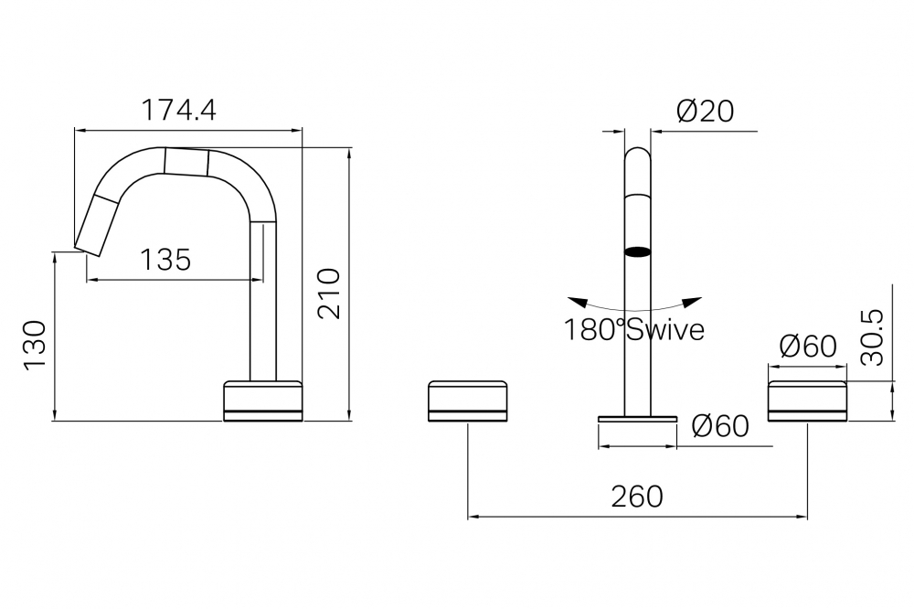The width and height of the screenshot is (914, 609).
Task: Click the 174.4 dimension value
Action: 179,110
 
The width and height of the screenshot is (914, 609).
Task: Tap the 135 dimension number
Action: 165,260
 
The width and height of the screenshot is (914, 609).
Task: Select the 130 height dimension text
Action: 35,344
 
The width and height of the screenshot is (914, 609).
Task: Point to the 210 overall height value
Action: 329,293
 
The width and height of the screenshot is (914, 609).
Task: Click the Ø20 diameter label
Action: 706,111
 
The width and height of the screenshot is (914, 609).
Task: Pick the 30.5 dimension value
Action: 872,337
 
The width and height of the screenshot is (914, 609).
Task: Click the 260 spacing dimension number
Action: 637,497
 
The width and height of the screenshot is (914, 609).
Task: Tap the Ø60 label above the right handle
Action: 808,347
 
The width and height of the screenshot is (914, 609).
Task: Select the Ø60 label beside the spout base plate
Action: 720,426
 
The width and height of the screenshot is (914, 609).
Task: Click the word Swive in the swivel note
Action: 665,329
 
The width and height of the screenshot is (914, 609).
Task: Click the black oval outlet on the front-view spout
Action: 637,252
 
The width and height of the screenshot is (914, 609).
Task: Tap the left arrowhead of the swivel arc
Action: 577,302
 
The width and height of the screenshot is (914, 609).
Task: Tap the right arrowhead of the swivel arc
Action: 693,302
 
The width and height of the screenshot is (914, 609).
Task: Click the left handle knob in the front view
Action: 467,401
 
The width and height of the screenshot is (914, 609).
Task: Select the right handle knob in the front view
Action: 807,401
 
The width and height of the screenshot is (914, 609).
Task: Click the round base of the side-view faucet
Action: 263,401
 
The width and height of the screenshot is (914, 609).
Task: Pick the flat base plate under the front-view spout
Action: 638,419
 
